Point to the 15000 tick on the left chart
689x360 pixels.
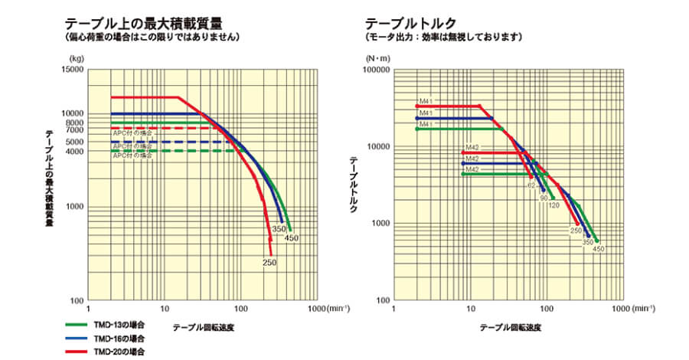click(x=73, y=70)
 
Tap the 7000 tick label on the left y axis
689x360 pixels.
click(x=75, y=131)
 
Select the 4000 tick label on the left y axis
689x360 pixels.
click(x=75, y=151)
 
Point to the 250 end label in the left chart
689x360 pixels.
click(x=269, y=263)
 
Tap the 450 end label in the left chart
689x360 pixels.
click(x=292, y=237)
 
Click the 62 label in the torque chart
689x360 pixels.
click(x=530, y=186)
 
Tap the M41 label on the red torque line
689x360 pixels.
click(x=426, y=101)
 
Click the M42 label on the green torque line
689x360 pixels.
click(x=472, y=169)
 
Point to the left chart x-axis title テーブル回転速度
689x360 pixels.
click(x=202, y=327)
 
